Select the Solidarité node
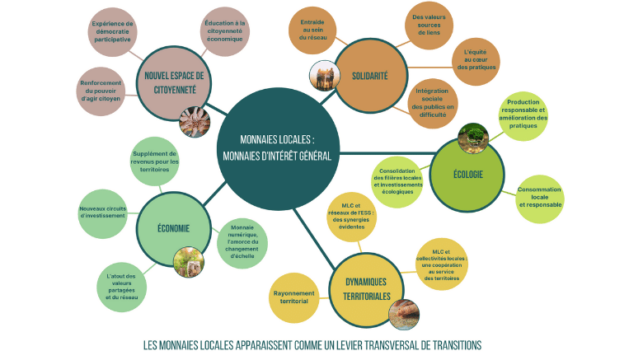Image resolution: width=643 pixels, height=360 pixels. pos(369,76)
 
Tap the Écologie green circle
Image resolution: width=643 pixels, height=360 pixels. pos(467,173)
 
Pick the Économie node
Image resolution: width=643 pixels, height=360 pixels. pos(173,228)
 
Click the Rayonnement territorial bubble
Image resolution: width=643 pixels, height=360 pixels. pos(293,297)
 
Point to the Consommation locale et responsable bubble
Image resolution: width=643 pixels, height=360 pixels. pos(540,198)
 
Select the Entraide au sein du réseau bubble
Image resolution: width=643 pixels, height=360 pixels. pos(312,30)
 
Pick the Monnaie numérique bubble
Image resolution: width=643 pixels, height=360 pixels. pos(242,241)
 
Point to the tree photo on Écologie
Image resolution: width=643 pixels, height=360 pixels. pos(473,136)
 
